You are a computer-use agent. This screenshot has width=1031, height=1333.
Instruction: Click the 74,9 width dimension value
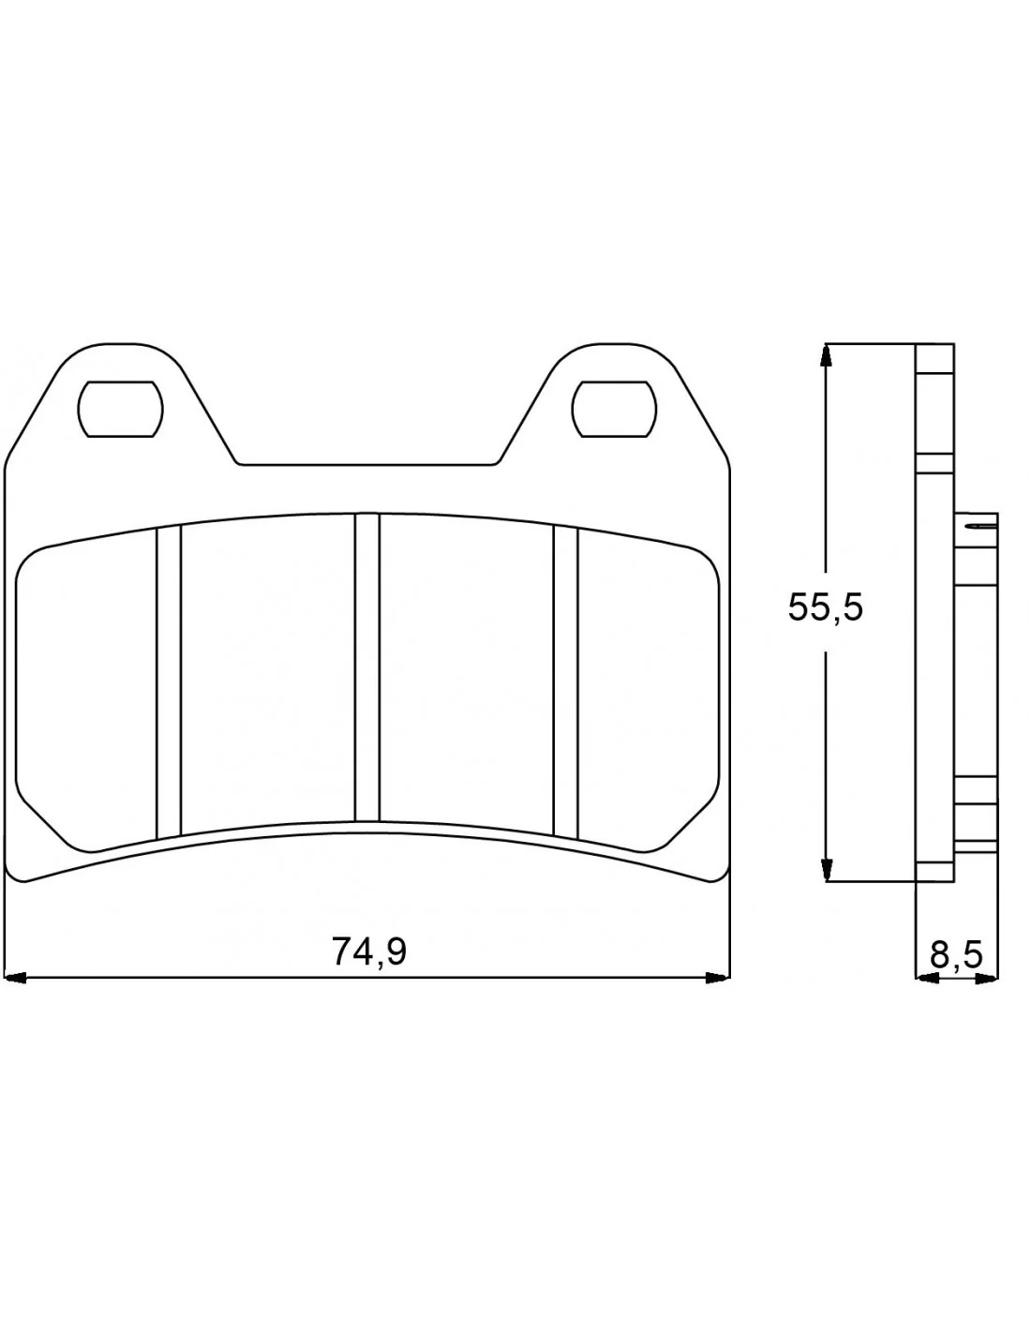click(368, 951)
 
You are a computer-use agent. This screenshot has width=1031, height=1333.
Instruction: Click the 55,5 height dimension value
click(825, 608)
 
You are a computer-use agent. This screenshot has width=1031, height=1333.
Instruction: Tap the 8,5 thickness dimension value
click(956, 955)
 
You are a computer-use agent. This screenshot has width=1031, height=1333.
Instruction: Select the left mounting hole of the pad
click(120, 409)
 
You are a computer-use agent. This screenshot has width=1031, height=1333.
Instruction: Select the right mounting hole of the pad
click(613, 409)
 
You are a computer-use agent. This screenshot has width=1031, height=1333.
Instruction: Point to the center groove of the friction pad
click(366, 667)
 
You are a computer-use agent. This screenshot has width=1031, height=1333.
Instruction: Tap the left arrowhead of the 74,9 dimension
click(15, 978)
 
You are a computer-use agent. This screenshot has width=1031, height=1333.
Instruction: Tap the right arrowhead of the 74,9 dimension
click(718, 978)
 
